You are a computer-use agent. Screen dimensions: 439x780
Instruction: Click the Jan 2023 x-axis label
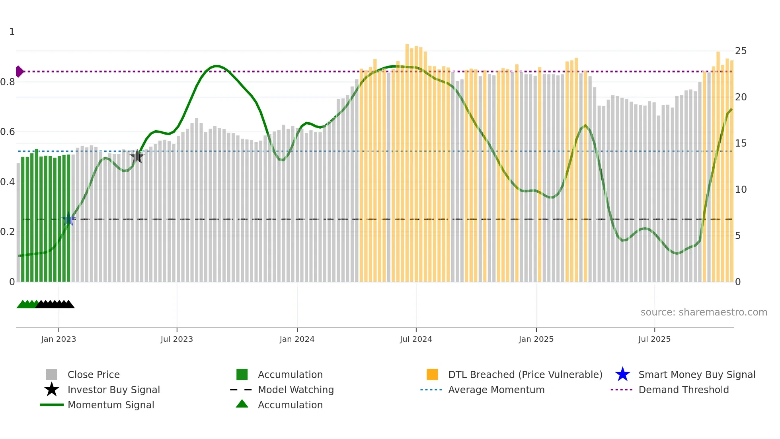pos(58,339)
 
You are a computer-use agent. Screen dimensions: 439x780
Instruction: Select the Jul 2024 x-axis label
pos(416,339)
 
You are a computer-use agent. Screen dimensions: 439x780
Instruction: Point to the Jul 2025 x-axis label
pos(654,339)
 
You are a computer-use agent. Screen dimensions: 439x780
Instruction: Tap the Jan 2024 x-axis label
pos(297,339)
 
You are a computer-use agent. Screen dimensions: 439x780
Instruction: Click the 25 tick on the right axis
pos(741,51)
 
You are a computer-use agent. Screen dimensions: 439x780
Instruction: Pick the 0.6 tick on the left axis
pos(8,132)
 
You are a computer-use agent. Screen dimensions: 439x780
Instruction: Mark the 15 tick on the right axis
pos(741,143)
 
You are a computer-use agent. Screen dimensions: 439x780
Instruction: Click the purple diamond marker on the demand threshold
pos(19,71)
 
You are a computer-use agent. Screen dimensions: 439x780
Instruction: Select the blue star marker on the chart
pos(68,219)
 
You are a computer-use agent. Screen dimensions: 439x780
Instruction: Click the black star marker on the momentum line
pos(137,156)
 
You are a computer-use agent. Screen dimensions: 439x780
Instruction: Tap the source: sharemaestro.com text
pos(704,312)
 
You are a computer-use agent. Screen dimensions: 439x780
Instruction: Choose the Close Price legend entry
pos(94,374)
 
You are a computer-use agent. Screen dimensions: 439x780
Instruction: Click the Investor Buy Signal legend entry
pos(113,390)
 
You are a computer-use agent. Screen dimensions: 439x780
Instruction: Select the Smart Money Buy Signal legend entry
pos(696,374)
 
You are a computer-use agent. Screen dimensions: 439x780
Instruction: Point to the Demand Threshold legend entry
pos(683,390)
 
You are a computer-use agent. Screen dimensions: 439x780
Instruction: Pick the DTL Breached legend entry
pos(525,374)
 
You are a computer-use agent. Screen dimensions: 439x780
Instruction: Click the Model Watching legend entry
pos(296,390)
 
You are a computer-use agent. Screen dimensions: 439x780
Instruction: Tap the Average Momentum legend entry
pos(496,390)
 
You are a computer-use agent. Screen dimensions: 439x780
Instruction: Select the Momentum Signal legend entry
pos(111,405)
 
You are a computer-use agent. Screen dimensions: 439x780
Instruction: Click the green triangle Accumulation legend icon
pos(242,404)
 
